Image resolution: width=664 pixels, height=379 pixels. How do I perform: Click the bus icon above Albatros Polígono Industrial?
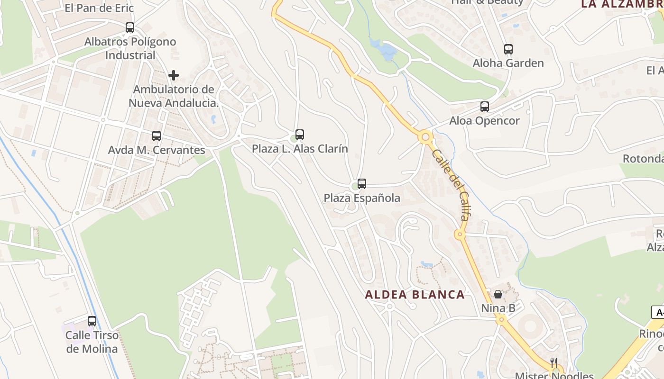pyautogui.click(x=130, y=27)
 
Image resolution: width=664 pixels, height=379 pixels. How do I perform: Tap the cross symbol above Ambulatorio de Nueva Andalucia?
pyautogui.click(x=174, y=75)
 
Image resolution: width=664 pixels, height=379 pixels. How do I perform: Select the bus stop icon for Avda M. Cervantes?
pyautogui.click(x=157, y=136)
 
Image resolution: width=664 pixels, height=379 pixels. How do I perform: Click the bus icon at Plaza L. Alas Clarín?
pyautogui.click(x=300, y=135)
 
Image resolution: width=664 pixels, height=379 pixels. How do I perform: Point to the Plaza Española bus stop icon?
pyautogui.click(x=362, y=184)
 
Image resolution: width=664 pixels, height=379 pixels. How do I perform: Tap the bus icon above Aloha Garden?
pyautogui.click(x=508, y=49)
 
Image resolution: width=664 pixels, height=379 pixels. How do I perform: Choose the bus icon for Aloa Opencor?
pyautogui.click(x=485, y=107)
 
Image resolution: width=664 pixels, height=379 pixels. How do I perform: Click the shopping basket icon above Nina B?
pyautogui.click(x=498, y=294)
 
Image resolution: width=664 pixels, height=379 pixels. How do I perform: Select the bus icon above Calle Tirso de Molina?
pyautogui.click(x=92, y=321)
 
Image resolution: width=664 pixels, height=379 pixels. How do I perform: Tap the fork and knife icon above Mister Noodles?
pyautogui.click(x=554, y=363)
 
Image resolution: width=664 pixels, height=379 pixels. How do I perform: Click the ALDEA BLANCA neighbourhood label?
pyautogui.click(x=415, y=295)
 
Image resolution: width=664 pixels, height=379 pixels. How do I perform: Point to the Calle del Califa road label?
pyautogui.click(x=451, y=185)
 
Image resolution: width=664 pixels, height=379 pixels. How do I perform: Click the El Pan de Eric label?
pyautogui.click(x=100, y=8)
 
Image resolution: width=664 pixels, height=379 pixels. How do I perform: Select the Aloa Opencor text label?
pyautogui.click(x=485, y=121)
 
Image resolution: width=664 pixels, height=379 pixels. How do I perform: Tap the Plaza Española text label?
pyautogui.click(x=362, y=198)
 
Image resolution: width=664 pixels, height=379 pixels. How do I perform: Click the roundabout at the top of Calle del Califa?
pyautogui.click(x=425, y=137)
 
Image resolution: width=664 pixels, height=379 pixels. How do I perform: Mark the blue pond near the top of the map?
pyautogui.click(x=387, y=50)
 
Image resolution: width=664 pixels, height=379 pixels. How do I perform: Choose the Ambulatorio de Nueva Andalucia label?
pyautogui.click(x=174, y=96)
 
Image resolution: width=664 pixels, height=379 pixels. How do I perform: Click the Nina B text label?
pyautogui.click(x=498, y=308)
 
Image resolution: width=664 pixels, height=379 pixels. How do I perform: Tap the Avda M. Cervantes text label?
pyautogui.click(x=157, y=150)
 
